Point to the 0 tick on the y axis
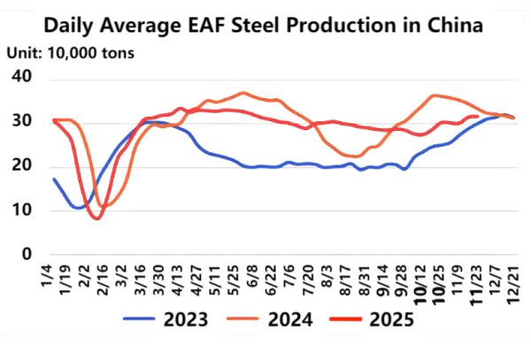(26, 254)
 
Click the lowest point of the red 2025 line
(96, 218)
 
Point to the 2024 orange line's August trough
(351, 156)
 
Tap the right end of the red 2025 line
(478, 116)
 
